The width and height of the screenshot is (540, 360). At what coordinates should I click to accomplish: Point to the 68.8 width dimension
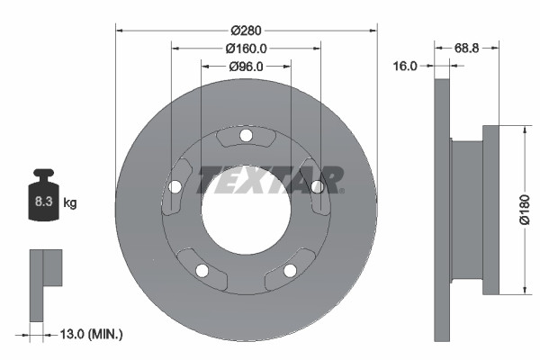pos(466,48)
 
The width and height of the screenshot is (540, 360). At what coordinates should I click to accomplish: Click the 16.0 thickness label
pos(406,67)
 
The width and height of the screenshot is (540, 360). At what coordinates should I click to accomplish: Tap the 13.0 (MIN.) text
pos(88,335)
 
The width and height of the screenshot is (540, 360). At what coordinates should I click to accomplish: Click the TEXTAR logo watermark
pos(270,178)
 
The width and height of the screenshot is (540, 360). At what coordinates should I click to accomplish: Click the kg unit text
pos(69,203)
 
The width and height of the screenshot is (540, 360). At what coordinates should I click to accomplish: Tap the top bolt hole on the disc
pos(246,136)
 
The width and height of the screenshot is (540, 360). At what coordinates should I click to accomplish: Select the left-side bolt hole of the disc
pos(175,186)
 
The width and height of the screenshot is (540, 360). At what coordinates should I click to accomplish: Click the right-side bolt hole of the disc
pos(317,186)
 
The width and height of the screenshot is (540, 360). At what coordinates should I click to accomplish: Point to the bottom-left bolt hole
pos(202,270)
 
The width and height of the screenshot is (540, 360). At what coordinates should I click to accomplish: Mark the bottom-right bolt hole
pos(290,270)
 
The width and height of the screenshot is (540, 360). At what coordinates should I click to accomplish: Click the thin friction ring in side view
pos(441,209)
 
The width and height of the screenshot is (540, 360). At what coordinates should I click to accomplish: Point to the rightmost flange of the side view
pos(490,209)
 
